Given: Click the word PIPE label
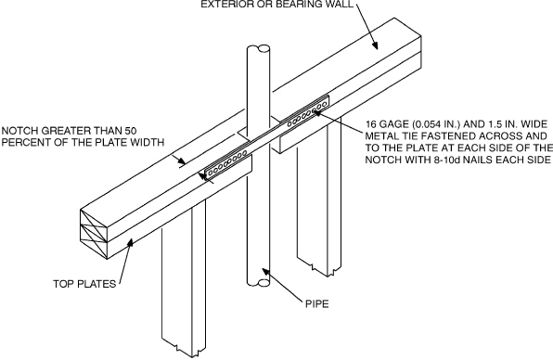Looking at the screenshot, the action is coord(316,303).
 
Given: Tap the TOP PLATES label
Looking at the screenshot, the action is coord(84,284).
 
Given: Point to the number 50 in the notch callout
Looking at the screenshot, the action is coord(131,131).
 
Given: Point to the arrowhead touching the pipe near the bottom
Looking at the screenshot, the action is coord(265,273).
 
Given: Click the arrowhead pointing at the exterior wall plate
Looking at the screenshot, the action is coord(375,45).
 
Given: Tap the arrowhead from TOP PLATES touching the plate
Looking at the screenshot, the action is coord(131,243).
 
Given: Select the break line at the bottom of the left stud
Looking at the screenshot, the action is coord(184,346).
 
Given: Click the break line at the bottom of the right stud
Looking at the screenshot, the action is coord(319,267).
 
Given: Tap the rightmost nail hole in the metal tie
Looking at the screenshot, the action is coord(324,104).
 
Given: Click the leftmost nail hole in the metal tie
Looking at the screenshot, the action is coord(211,173).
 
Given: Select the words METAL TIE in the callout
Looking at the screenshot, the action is coord(391,136).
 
